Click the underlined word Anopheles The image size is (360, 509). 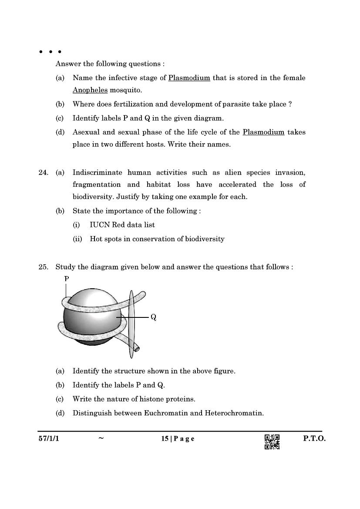pos(90,90)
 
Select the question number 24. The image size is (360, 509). pos(43,172)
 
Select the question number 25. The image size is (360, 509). pos(43,267)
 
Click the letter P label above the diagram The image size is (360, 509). pos(67,278)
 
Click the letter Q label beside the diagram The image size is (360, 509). pos(153,317)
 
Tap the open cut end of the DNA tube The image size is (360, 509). pos(137,347)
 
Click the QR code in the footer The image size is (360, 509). pos(272,442)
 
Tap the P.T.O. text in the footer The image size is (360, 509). pos(314,438)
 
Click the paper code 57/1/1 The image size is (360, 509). pos(48,438)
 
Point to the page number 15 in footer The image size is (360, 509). pos(165,438)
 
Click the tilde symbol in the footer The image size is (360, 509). pos(101,438)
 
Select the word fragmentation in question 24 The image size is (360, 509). pos(96,185)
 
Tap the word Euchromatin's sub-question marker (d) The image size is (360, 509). pos(60,413)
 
